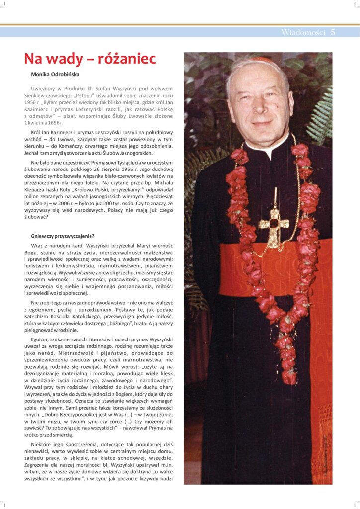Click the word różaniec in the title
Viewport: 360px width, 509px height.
(127, 59)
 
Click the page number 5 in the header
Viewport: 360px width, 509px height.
(333, 33)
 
